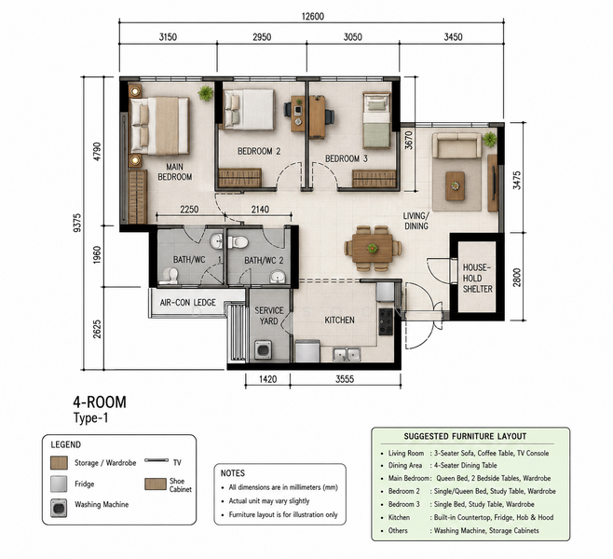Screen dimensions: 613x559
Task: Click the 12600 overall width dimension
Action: pos(313,17)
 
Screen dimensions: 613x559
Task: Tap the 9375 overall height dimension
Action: pos(77,223)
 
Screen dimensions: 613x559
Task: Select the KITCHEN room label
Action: pos(339,320)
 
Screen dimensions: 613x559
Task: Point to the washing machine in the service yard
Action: pos(263,349)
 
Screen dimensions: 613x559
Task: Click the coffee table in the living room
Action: pos(455,185)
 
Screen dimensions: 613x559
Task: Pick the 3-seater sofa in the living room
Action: pos(457,146)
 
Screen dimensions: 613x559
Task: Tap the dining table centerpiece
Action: pos(373,248)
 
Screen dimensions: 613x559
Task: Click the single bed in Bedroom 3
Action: pos(376,120)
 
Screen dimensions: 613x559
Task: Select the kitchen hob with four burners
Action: pos(386,321)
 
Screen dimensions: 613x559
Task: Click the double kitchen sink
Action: pos(347,354)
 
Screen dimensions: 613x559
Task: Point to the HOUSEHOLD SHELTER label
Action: pos(477,278)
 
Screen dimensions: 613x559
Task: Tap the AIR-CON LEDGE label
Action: pos(187,303)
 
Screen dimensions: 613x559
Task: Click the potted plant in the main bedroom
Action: pos(206,93)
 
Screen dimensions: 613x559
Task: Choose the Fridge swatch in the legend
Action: pos(59,484)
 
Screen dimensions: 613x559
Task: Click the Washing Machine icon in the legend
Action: pos(59,508)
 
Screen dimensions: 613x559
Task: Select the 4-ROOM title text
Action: pos(100,402)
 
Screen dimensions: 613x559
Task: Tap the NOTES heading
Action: pos(233,473)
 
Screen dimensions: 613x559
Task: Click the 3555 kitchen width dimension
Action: pos(345,379)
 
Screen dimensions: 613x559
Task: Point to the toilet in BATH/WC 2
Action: pos(238,242)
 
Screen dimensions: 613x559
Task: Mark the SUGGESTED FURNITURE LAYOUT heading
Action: pos(465,436)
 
